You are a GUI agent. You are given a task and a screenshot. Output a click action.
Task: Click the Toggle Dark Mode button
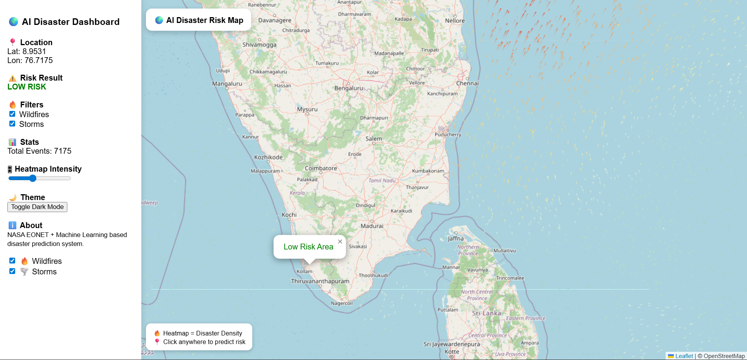click(x=37, y=207)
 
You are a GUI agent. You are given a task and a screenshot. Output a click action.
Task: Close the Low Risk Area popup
click(x=340, y=242)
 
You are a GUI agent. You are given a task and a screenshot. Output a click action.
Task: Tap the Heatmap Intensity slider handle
click(x=33, y=178)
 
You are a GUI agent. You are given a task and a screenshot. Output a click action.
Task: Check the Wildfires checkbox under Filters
click(x=12, y=114)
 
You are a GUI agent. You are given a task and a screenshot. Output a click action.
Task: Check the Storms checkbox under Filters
click(x=12, y=124)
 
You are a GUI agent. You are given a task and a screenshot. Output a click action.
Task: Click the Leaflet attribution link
click(x=684, y=356)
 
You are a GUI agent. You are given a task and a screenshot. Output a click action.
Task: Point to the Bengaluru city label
click(x=348, y=88)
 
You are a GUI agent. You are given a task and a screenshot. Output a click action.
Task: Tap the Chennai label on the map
click(x=467, y=83)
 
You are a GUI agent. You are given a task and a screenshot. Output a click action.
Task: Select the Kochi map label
click(x=289, y=215)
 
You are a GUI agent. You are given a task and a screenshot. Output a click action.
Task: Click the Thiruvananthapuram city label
click(x=320, y=281)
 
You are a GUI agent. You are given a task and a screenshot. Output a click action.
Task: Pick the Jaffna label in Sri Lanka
click(x=455, y=239)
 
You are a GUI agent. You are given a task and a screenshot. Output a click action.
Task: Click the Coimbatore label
click(x=321, y=169)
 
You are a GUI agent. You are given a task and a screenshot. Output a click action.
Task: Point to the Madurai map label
click(x=372, y=226)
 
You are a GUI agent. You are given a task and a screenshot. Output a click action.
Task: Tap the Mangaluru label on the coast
click(x=227, y=84)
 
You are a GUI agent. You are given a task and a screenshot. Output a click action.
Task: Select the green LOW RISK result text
click(x=27, y=87)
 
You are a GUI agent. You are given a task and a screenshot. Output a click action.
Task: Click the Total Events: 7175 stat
click(x=39, y=151)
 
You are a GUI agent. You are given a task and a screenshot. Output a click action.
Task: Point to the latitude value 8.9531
click(x=34, y=51)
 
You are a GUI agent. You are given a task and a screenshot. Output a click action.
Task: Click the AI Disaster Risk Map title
click(x=204, y=20)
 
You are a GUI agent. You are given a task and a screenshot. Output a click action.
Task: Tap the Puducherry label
click(x=448, y=135)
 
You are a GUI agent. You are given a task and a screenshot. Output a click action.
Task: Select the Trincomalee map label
click(x=510, y=278)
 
